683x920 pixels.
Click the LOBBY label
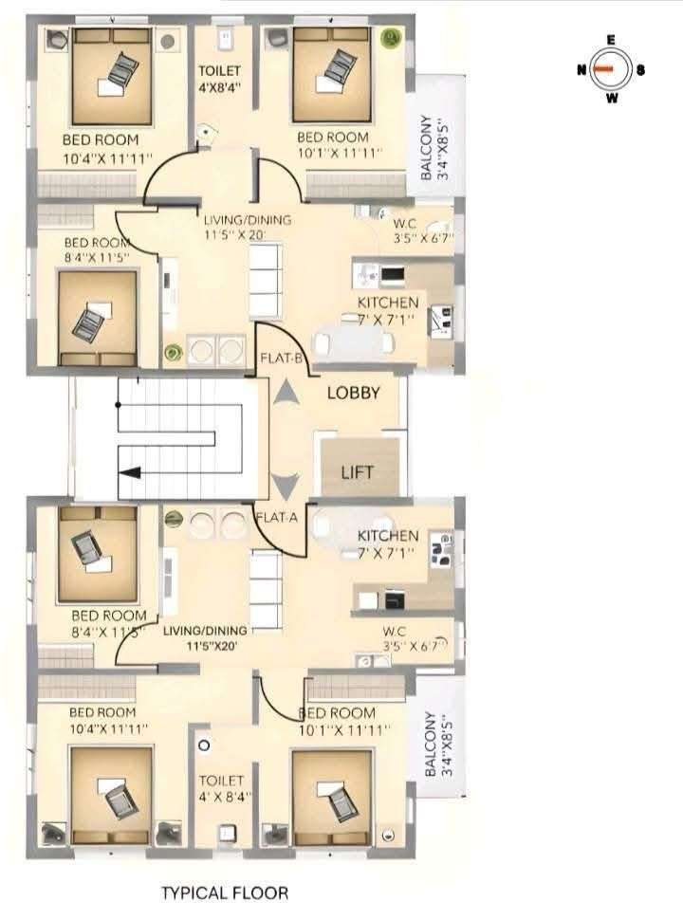click(353, 393)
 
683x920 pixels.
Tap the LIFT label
click(358, 471)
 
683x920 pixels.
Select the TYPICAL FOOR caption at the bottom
click(225, 893)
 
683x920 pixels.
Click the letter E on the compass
click(611, 41)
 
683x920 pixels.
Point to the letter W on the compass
click(612, 98)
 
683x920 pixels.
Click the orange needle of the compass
click(602, 68)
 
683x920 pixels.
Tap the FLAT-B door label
click(281, 358)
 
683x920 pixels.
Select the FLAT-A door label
click(276, 518)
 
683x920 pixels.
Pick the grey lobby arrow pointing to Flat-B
click(286, 393)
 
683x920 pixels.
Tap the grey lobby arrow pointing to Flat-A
click(286, 486)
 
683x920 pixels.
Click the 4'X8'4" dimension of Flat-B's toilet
click(220, 87)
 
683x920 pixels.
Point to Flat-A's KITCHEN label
click(388, 535)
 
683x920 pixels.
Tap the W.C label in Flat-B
click(404, 224)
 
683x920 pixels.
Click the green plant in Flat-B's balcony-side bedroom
click(390, 39)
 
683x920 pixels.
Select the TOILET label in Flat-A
click(221, 781)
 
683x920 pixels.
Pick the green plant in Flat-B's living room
click(173, 352)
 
